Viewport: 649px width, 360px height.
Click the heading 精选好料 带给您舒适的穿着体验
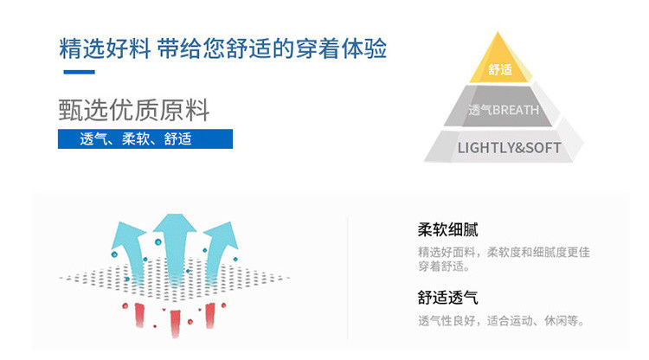[222, 48]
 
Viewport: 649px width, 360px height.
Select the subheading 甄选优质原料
[134, 111]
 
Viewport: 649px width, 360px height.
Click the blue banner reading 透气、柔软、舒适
[145, 138]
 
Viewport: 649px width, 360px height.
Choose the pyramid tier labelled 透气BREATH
[503, 110]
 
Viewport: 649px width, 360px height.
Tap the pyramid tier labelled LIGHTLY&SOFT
[508, 147]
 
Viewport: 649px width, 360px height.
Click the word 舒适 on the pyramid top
[500, 70]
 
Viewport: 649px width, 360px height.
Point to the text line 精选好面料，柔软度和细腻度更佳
[504, 252]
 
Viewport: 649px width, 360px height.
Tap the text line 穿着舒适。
[444, 266]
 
